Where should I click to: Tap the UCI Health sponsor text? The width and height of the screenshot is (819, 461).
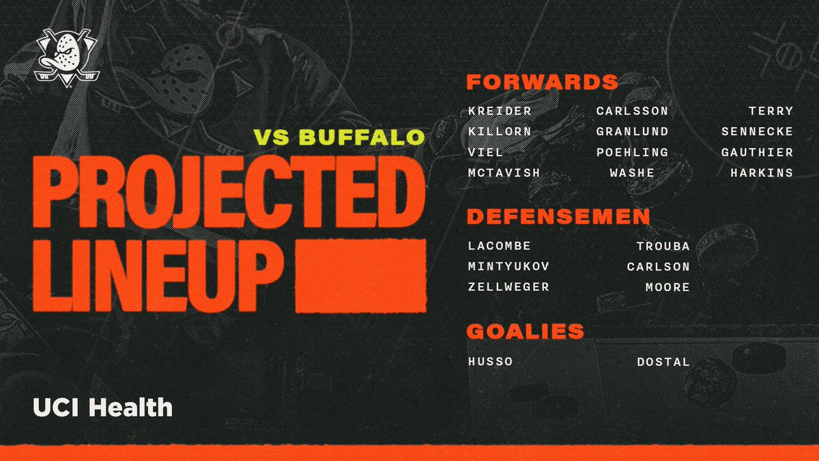(x=102, y=408)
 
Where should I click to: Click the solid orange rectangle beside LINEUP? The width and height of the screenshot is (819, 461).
(x=360, y=270)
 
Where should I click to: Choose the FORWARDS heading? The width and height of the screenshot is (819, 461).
(x=542, y=83)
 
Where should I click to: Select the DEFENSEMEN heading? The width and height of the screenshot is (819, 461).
(x=558, y=217)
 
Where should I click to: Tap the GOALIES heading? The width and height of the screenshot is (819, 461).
(x=525, y=332)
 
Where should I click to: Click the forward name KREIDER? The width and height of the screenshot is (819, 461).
(x=500, y=111)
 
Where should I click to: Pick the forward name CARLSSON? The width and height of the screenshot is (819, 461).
(x=631, y=111)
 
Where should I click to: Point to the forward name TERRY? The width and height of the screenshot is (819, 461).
(x=771, y=111)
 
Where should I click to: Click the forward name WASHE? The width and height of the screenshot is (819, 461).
(x=632, y=173)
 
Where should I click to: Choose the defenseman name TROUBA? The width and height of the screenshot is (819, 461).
(x=663, y=246)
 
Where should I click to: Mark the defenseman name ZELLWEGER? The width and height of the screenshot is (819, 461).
(x=508, y=287)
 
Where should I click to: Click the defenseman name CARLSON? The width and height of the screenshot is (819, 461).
(x=659, y=266)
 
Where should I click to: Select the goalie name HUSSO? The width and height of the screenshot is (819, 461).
(x=489, y=361)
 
